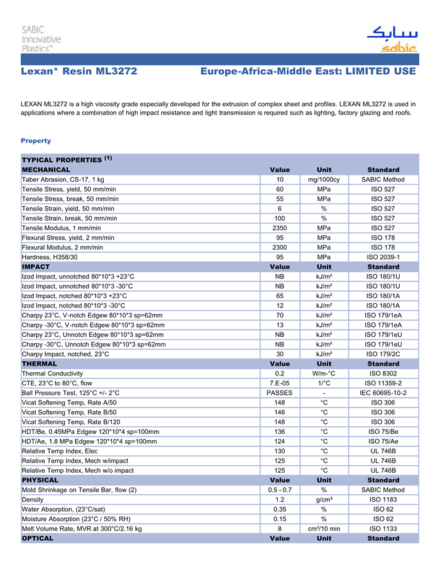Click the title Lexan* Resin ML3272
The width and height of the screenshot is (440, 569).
tap(79, 72)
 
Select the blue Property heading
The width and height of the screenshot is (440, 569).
tap(36, 141)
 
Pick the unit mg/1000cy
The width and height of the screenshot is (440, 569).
tap(324, 180)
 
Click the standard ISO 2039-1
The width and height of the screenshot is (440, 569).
tap(383, 257)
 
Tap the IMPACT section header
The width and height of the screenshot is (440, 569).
tap(36, 267)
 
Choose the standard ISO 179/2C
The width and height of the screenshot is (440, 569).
tap(383, 354)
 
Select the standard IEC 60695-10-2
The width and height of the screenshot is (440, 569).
tap(383, 393)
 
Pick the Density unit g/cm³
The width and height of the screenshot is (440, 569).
tap(324, 500)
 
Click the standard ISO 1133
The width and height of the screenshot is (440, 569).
tap(383, 529)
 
